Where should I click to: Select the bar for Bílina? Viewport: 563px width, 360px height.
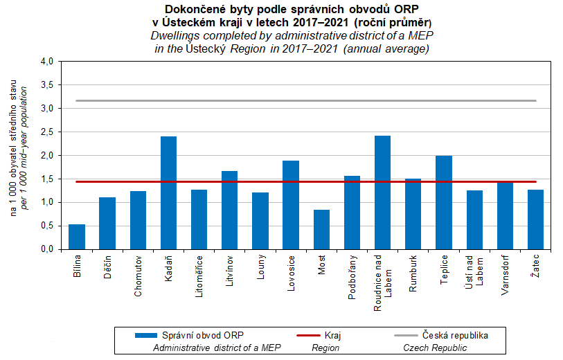pos(77,236)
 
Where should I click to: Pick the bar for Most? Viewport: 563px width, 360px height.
pos(321,229)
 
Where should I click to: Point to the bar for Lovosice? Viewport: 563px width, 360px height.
pos(291,204)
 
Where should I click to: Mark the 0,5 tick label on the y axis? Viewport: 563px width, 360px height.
pos(46,226)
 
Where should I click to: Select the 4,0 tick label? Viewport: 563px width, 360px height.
pos(46,61)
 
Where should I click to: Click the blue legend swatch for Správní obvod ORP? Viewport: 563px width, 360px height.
pos(146,335)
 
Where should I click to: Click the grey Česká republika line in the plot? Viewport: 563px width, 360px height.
pos(305,100)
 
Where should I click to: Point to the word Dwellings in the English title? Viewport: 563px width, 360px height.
pos(178,35)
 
